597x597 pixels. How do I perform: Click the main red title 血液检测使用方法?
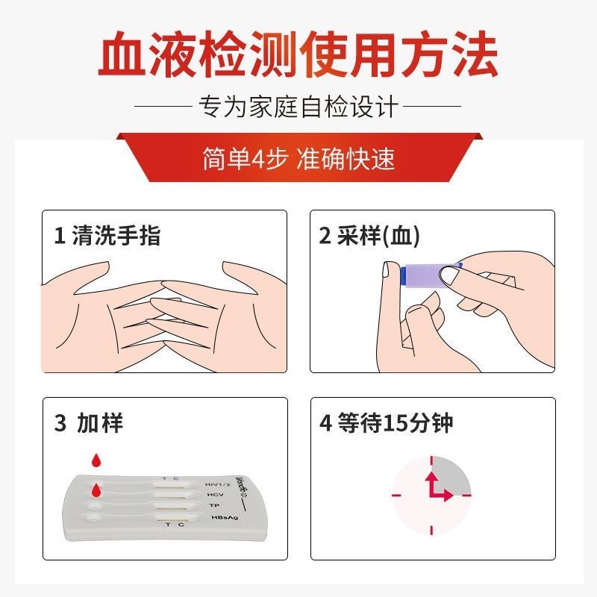coord(298,54)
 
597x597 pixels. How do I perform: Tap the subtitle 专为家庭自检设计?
coord(298,106)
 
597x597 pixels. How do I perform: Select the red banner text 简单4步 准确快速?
coord(298,158)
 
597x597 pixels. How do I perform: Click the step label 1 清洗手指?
coord(107,235)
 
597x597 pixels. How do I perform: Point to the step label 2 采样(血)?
coord(369,235)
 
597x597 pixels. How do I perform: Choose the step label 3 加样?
coord(89,422)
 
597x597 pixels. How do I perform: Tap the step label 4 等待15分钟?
coord(386,422)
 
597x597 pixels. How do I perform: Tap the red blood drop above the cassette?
coord(97,460)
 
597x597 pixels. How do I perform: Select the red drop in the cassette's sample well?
coord(97,490)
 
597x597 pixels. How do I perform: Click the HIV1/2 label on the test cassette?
coord(217,484)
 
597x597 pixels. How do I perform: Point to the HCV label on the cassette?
coord(216,495)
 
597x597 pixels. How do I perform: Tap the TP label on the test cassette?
coord(214,506)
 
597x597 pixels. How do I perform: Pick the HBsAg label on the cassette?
coord(225,517)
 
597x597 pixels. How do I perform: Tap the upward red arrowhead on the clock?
coord(431,477)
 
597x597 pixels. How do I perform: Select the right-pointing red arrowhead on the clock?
coord(448,496)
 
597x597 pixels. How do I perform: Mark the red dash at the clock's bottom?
coord(431,530)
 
